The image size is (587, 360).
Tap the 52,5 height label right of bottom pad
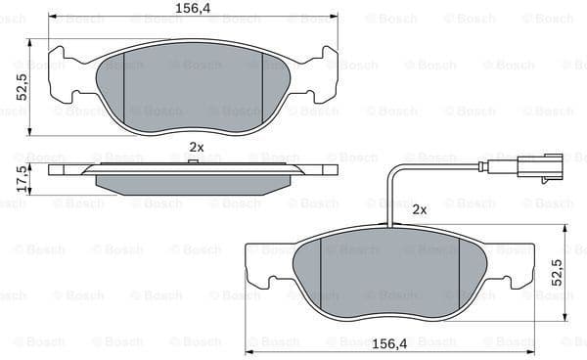[558, 274]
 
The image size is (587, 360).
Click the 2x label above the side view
[196, 147]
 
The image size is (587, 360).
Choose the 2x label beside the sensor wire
[419, 209]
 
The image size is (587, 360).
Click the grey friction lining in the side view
[196, 183]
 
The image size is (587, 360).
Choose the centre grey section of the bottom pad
[390, 277]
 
